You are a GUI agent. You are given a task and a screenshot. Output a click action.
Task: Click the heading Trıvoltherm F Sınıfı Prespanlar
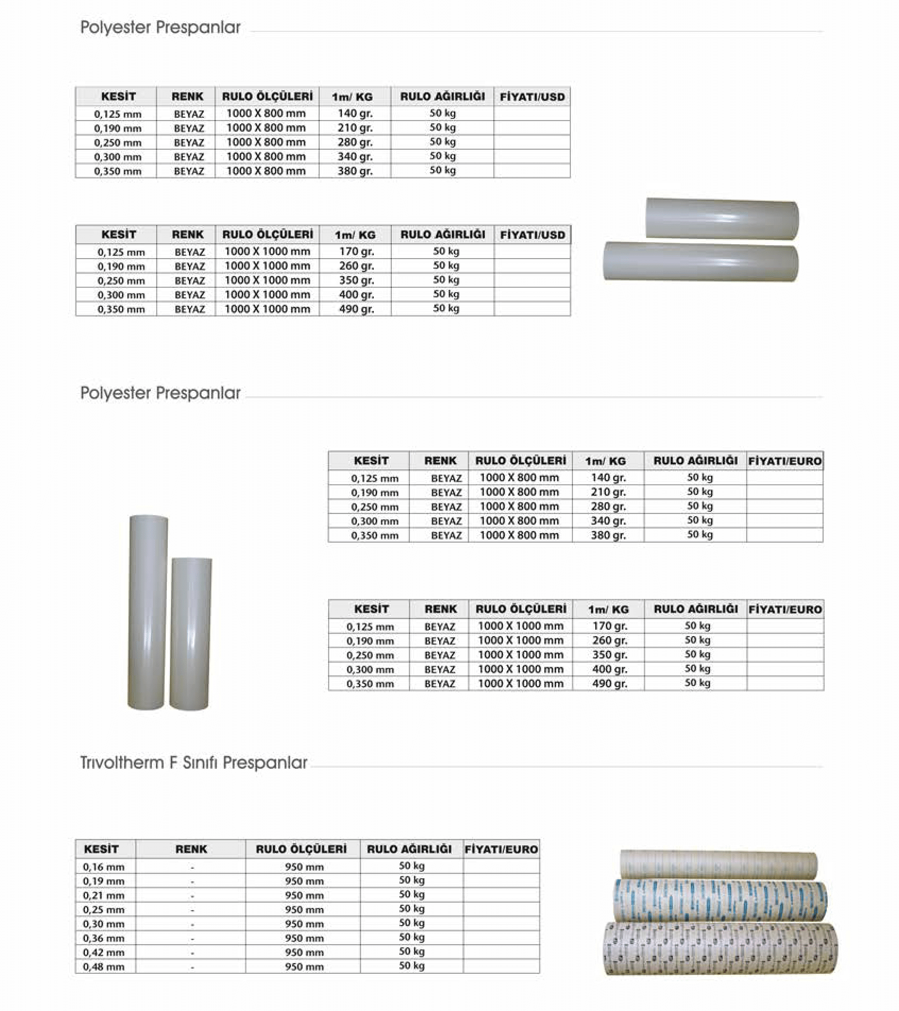pyautogui.click(x=194, y=763)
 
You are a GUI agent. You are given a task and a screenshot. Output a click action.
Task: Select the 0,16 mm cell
pyautogui.click(x=104, y=867)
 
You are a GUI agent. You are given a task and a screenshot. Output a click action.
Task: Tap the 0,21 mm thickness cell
pyautogui.click(x=104, y=896)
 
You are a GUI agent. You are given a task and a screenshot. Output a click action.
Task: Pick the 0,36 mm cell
pyautogui.click(x=104, y=938)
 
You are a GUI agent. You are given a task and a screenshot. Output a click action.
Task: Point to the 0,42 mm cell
pyautogui.click(x=104, y=953)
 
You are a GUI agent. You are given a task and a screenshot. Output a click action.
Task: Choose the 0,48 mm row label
pyautogui.click(x=104, y=967)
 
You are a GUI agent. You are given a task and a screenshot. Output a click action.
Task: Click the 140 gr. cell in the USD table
pyautogui.click(x=355, y=114)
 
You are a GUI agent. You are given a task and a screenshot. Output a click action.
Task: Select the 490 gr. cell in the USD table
pyautogui.click(x=356, y=309)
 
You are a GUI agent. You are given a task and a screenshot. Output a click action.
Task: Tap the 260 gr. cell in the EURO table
pyautogui.click(x=610, y=641)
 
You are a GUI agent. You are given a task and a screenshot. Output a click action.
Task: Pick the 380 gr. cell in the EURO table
pyautogui.click(x=608, y=535)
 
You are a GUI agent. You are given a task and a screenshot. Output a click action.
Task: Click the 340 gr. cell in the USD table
pyautogui.click(x=355, y=157)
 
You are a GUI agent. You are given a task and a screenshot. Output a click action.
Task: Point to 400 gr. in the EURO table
pyautogui.click(x=610, y=670)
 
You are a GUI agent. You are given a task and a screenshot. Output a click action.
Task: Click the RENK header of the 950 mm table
pyautogui.click(x=191, y=849)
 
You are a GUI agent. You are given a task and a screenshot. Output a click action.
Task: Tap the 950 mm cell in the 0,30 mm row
pyautogui.click(x=304, y=924)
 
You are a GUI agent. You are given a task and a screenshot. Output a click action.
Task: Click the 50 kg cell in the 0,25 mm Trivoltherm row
pyautogui.click(x=412, y=909)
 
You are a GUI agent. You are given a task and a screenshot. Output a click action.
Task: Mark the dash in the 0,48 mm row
pyautogui.click(x=192, y=967)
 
